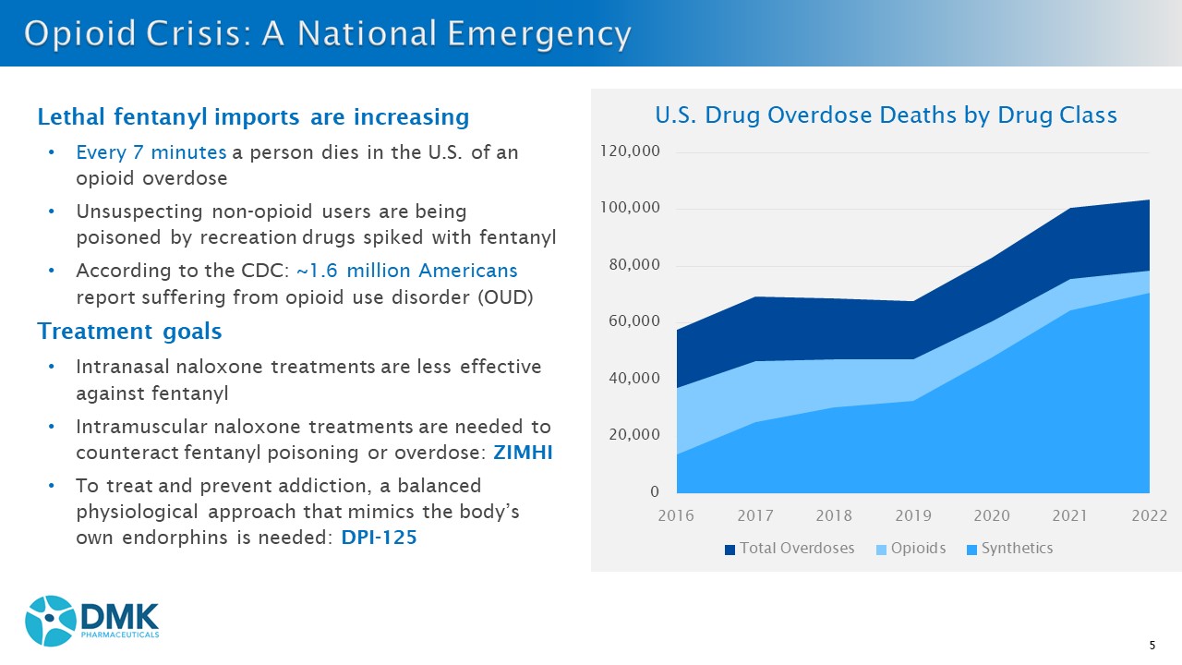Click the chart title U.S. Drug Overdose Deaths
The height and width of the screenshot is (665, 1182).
point(886,115)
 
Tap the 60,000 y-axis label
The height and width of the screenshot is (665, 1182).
point(633,321)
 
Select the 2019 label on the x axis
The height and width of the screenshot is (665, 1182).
point(913,515)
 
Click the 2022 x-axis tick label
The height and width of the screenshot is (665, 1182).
point(1150,515)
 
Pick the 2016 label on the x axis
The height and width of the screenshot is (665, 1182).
point(677,515)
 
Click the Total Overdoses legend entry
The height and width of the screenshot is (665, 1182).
point(789,549)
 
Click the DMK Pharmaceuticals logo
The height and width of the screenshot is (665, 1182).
point(92,620)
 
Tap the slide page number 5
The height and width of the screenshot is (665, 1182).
point(1152,645)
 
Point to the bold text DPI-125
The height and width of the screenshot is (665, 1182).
point(379,537)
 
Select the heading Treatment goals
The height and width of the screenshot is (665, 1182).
point(129,331)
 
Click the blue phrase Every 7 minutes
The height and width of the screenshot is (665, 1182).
point(151,152)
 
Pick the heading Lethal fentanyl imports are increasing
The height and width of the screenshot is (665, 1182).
point(253,117)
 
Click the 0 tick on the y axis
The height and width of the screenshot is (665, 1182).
point(654,491)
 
